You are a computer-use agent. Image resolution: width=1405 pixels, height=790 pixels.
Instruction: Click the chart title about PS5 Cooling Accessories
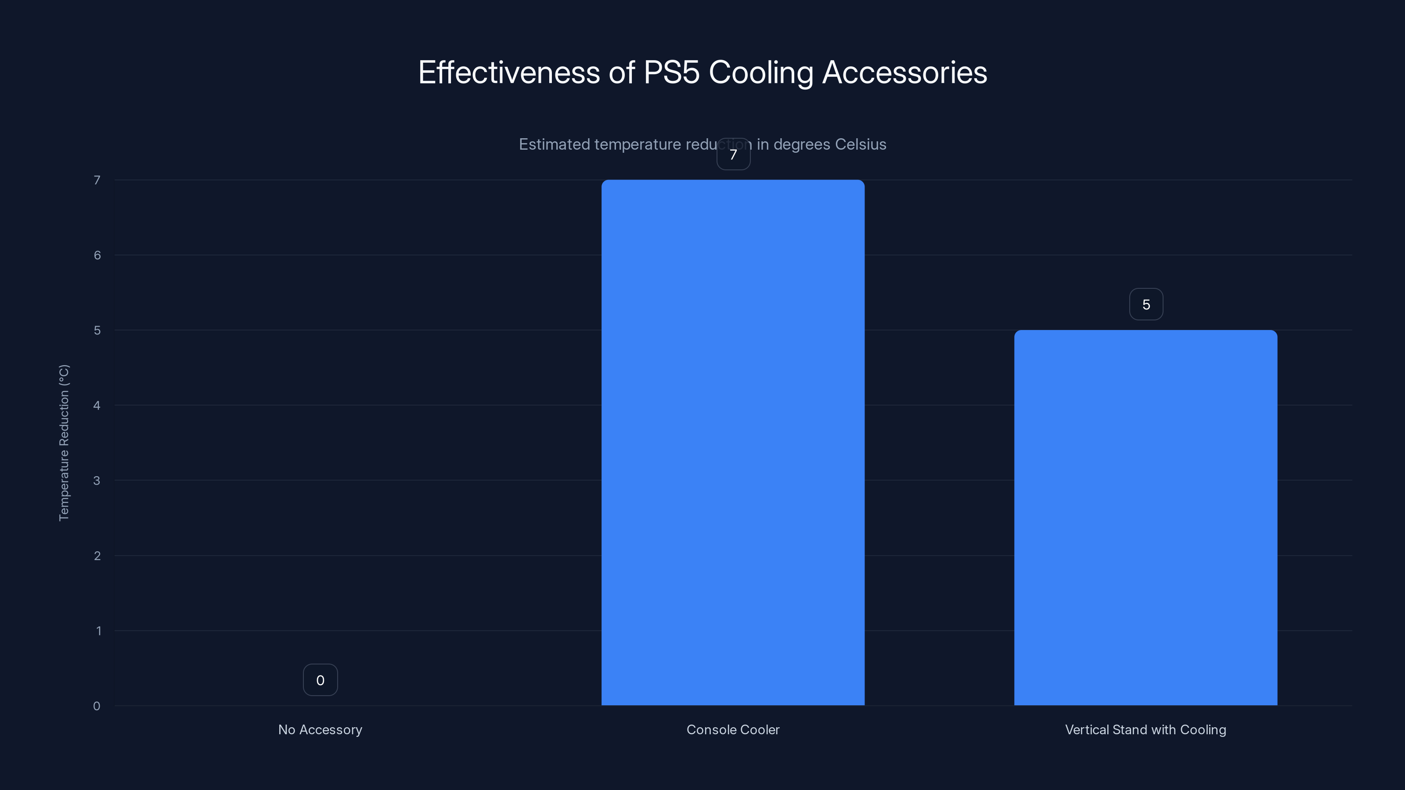[x=702, y=72]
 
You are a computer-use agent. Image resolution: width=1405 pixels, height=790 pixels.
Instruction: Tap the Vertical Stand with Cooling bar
[x=1146, y=517]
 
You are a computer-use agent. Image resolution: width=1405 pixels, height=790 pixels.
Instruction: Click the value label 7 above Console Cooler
[x=733, y=154]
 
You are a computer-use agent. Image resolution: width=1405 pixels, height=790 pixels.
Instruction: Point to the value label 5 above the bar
[x=1146, y=304]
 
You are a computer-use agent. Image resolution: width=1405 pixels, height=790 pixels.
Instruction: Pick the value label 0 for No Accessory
[x=320, y=680]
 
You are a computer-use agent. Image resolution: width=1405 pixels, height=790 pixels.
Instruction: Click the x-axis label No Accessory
[x=320, y=729]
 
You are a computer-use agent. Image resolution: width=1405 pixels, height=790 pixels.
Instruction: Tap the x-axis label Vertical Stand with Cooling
[x=1146, y=729]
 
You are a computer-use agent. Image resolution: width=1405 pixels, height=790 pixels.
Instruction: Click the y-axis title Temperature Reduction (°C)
[x=64, y=443]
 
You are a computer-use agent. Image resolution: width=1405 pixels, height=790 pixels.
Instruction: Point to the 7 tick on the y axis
[x=97, y=180]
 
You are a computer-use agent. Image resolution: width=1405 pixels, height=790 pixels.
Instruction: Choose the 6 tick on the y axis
[x=97, y=255]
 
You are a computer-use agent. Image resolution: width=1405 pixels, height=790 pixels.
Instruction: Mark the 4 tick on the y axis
[x=97, y=405]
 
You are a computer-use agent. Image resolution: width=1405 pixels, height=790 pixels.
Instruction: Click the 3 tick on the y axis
[x=97, y=480]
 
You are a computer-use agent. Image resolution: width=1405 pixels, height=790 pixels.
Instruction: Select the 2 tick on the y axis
[x=97, y=556]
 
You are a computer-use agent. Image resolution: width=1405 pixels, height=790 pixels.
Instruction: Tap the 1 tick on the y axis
[x=98, y=631]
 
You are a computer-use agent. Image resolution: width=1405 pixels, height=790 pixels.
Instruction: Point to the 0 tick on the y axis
[x=97, y=706]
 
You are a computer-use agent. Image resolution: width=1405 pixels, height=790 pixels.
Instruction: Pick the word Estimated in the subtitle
[x=554, y=144]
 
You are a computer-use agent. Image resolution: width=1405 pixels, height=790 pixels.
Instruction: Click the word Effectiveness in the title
[x=509, y=72]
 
